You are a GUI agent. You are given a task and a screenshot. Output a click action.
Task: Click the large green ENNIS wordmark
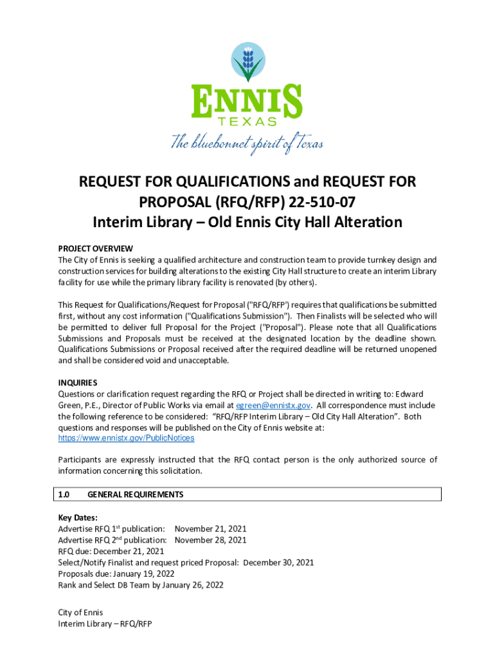click(248, 101)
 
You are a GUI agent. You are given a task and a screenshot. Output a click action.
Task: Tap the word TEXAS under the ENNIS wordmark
click(248, 122)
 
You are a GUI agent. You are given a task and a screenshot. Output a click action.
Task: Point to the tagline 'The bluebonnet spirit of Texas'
click(247, 143)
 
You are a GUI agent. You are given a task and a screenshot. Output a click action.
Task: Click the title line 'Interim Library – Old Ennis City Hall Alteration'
click(248, 223)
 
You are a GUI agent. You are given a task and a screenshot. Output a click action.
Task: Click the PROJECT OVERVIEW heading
click(95, 248)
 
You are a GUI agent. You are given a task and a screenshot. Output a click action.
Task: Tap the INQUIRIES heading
click(78, 382)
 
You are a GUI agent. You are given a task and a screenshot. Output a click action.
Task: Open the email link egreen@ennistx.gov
click(274, 405)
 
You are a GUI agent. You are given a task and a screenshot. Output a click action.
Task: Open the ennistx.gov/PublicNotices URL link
click(126, 438)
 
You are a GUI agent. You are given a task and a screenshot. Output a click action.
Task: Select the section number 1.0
click(64, 494)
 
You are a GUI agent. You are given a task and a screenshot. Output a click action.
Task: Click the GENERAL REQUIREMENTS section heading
click(135, 494)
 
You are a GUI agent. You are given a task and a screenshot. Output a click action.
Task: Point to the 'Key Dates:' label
click(78, 517)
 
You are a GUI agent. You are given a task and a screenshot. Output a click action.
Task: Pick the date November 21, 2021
click(210, 528)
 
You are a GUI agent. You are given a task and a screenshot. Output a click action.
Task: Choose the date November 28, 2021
click(210, 540)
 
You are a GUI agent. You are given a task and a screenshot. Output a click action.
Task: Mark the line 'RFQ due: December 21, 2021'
click(111, 551)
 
